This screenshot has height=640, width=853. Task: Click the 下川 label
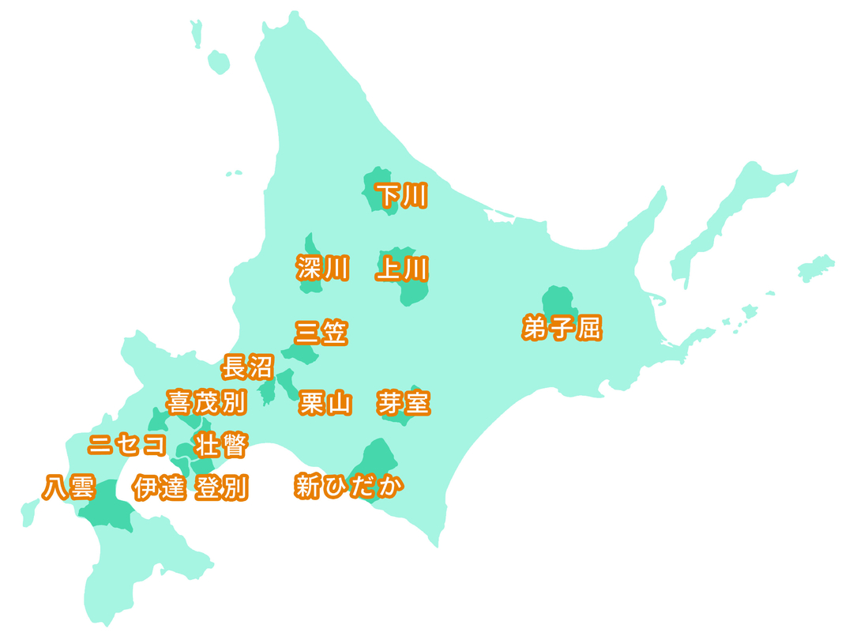point(401,196)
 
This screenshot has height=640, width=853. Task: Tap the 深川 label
point(322,269)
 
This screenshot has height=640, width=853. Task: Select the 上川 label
point(403,269)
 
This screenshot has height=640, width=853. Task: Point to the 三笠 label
point(321,333)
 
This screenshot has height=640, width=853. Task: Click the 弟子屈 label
point(562,327)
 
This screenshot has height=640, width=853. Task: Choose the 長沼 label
point(247,367)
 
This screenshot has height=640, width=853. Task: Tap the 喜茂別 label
point(207,402)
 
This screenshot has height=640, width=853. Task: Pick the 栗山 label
point(325,404)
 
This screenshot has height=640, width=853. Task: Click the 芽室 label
point(404,403)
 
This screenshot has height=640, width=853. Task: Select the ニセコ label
point(128,445)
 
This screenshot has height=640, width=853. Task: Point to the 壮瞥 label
point(222,446)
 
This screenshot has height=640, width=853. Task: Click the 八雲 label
point(69,488)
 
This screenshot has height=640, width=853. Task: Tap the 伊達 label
point(160,488)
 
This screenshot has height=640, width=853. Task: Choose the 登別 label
point(222,488)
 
